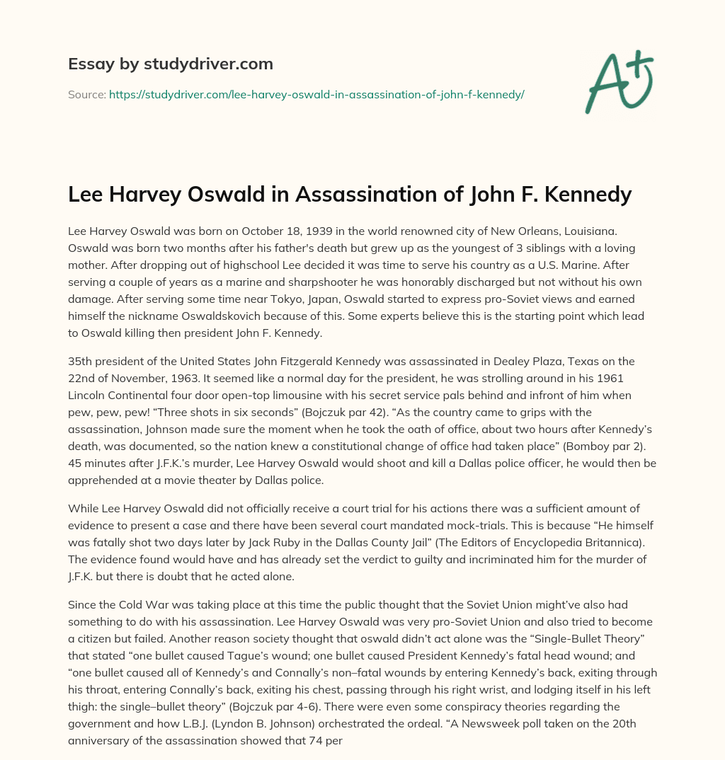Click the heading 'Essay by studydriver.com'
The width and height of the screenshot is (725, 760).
[170, 64]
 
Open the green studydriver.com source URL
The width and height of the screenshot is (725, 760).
[316, 94]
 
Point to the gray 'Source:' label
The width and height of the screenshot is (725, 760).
[86, 94]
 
